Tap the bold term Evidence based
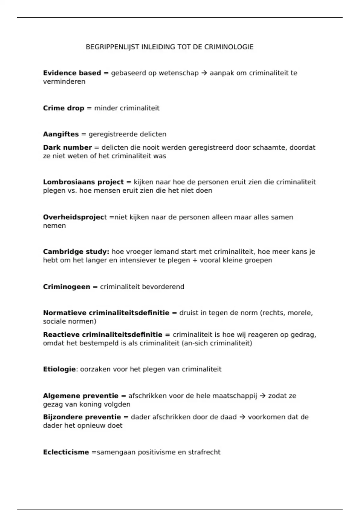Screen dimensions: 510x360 click(x=72, y=73)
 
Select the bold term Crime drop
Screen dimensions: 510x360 click(x=64, y=108)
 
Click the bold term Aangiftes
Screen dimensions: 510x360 click(x=61, y=134)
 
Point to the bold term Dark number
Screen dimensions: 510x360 click(x=67, y=148)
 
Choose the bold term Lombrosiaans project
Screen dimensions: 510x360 click(x=83, y=182)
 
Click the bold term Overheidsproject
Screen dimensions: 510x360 click(x=75, y=217)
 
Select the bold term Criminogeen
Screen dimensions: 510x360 click(x=67, y=287)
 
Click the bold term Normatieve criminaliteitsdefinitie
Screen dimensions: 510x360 click(x=106, y=313)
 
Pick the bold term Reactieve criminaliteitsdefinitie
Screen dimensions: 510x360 click(x=103, y=334)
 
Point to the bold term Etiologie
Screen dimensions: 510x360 click(x=59, y=369)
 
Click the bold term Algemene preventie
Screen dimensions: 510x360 click(x=81, y=396)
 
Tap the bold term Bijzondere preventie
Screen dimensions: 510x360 click(x=82, y=417)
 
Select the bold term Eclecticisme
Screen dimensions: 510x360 click(x=66, y=452)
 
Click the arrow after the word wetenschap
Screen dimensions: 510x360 click(x=204, y=73)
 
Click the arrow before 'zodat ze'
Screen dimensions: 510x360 click(x=262, y=396)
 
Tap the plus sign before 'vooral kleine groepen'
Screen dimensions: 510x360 click(x=195, y=260)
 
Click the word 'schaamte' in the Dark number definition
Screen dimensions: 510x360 click(x=270, y=148)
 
